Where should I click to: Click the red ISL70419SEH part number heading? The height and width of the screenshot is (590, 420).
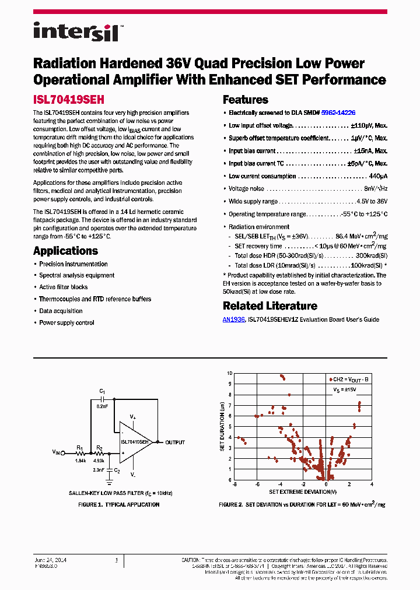click(x=68, y=100)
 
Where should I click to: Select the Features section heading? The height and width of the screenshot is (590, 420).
click(x=245, y=100)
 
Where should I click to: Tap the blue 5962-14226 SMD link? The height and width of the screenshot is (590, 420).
click(x=338, y=113)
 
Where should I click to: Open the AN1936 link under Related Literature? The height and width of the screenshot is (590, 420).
click(x=234, y=319)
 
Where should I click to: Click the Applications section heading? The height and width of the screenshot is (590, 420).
click(x=65, y=251)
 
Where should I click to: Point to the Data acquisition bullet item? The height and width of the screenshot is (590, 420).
click(x=61, y=311)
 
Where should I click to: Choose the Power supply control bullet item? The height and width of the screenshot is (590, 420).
click(x=66, y=322)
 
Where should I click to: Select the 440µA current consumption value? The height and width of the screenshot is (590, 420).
click(x=378, y=176)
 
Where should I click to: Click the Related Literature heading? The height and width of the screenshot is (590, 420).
click(x=270, y=306)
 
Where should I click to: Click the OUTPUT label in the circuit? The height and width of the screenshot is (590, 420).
click(x=175, y=442)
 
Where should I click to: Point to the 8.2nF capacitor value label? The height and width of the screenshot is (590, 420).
click(x=103, y=406)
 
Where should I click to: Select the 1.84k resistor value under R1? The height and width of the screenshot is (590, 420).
click(x=80, y=461)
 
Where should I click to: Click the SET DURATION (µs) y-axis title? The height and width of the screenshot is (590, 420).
click(x=222, y=425)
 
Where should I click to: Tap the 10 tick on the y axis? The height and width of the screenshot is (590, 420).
click(x=230, y=373)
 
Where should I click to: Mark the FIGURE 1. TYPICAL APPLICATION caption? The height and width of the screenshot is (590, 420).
click(x=119, y=504)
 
